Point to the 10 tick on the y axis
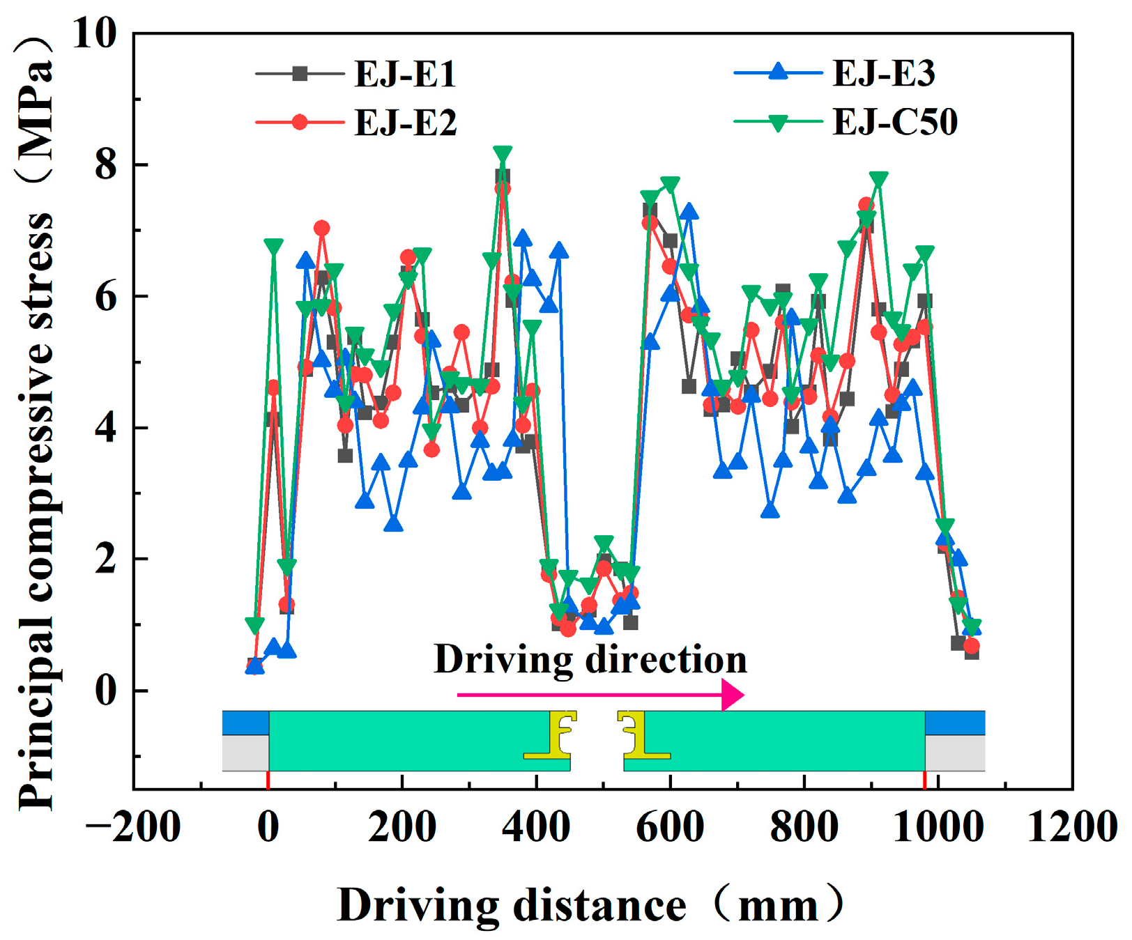coord(95,33)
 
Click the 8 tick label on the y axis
coord(107,165)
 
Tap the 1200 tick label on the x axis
coord(1072,828)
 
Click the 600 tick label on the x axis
coord(670,828)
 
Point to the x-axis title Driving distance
coord(512,906)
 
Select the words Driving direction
coord(590,659)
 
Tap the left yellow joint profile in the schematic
coord(551,735)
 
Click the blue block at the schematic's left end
coord(245,723)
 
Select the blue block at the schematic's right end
coord(955,723)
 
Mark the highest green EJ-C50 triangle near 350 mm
coord(503,154)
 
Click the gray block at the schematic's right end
coord(955,753)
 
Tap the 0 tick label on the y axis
coord(107,691)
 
